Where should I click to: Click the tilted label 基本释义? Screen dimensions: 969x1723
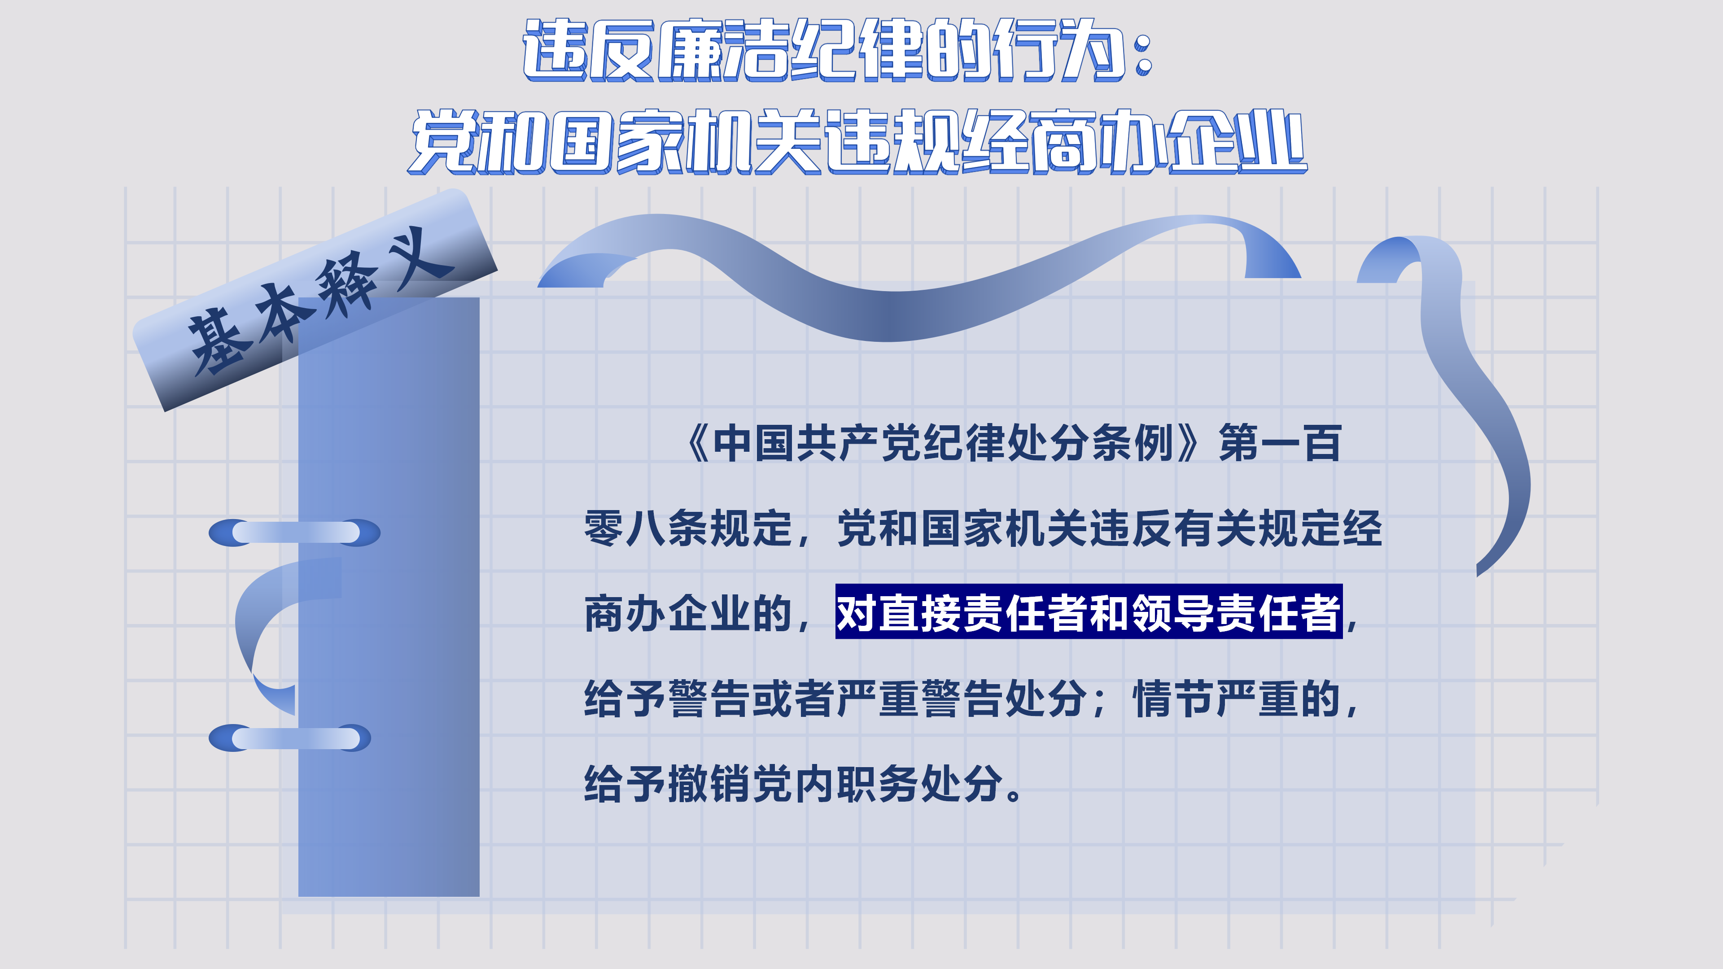coord(315,301)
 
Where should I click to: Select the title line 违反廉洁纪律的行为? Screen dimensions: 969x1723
coord(823,50)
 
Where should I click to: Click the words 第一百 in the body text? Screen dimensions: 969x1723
coord(1280,443)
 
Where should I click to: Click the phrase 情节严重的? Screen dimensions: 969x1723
coord(1238,699)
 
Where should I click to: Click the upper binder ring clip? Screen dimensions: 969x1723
coord(294,533)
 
